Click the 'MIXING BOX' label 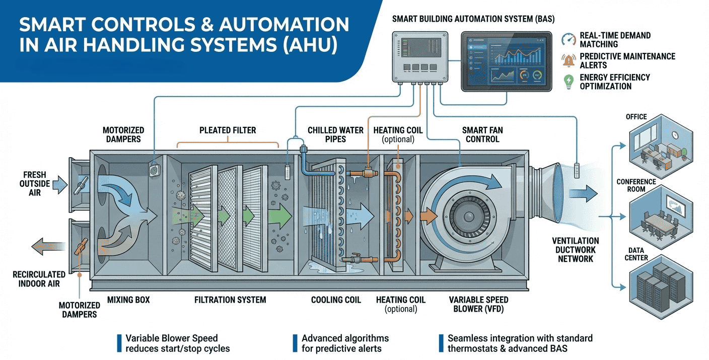(128, 300)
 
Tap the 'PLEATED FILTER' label (227, 130)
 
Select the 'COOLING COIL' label (336, 300)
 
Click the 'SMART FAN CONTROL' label (482, 134)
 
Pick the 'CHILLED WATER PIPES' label (335, 134)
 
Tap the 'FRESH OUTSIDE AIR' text (35, 184)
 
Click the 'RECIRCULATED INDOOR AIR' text (39, 279)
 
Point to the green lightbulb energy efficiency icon (569, 82)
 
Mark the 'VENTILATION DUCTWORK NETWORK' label (576, 250)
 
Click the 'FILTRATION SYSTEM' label (230, 300)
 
